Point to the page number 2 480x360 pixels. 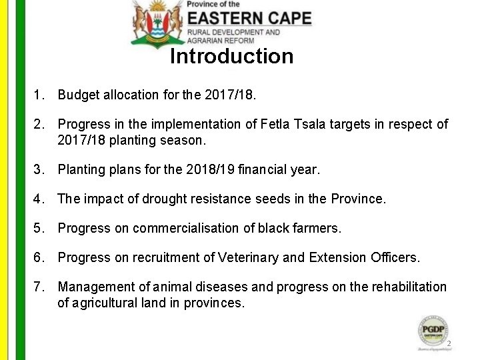(449, 344)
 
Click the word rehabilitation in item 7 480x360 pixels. (407, 287)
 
